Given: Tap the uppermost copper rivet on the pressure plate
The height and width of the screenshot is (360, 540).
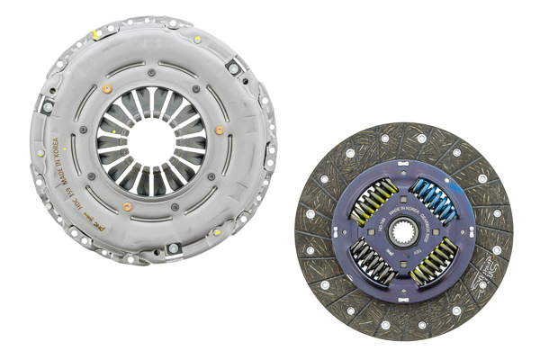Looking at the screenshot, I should tap(108, 88).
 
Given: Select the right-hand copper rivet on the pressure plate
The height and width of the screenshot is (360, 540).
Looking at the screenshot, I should tap(219, 130).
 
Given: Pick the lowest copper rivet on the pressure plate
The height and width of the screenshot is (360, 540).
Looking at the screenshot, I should tap(127, 206).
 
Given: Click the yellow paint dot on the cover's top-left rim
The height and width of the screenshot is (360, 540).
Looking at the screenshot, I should tap(94, 36).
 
